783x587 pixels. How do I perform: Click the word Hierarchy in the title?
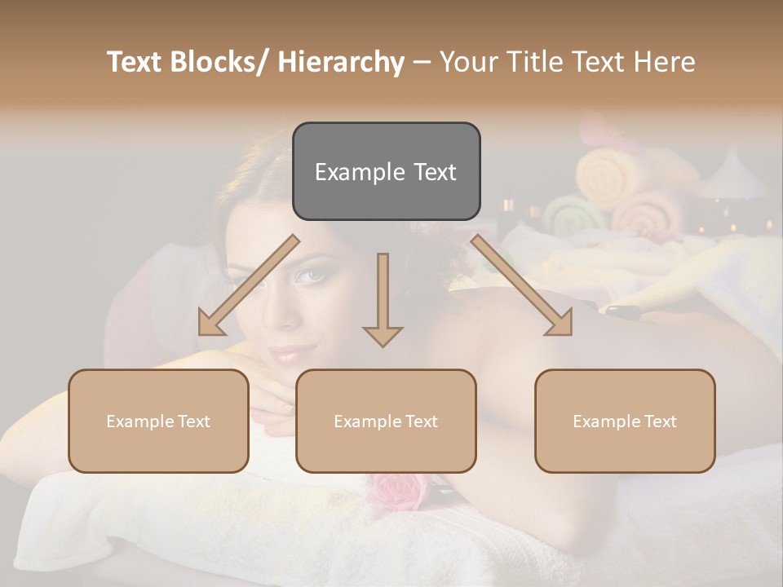point(341,62)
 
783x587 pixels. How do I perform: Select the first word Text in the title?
point(136,62)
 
